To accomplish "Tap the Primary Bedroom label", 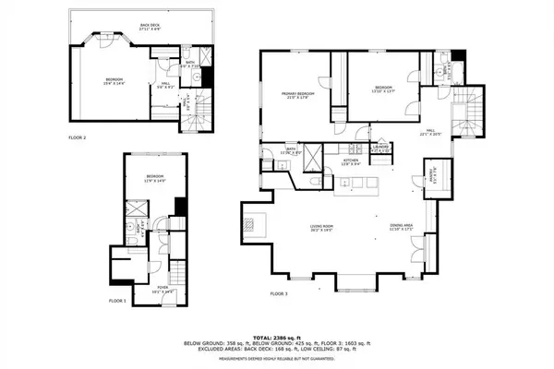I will [294, 93].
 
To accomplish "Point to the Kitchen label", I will [352, 162].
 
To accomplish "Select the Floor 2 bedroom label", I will [114, 83].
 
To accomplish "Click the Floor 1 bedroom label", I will [153, 177].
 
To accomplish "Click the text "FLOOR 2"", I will [78, 137].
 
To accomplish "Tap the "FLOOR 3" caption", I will [279, 293].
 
